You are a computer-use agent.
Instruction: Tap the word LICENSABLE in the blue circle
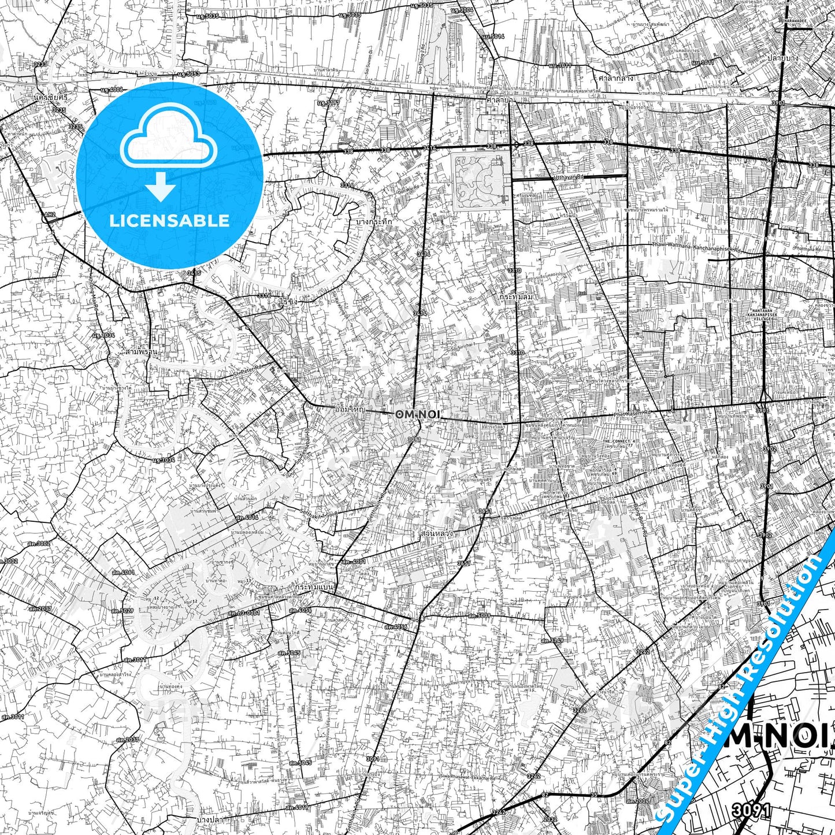tap(169, 221)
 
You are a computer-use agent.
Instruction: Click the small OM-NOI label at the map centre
tap(417, 414)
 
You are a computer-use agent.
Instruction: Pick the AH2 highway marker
tap(50, 214)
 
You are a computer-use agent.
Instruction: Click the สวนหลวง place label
tap(436, 535)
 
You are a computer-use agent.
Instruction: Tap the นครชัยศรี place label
tap(50, 97)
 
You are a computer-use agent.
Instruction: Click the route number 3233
tap(40, 64)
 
